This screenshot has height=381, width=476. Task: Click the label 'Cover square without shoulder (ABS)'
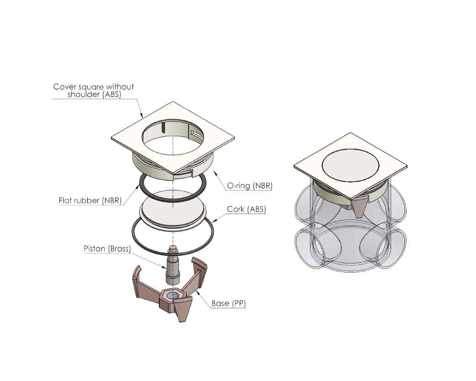point(94,90)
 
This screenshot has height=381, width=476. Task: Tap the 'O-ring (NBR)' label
point(249,186)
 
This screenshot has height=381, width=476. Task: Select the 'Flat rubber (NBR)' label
point(90,200)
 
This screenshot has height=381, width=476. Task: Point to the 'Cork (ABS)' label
point(246,209)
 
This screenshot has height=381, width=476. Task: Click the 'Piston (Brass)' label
point(107,249)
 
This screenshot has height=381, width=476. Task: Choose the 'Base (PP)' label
point(228,303)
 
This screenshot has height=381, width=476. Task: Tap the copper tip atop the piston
point(173,247)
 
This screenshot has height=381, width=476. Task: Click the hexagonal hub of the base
point(172,295)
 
